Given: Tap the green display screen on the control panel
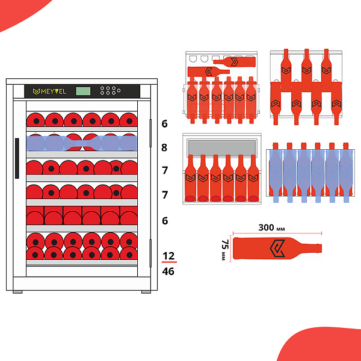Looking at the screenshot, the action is pyautogui.click(x=83, y=91).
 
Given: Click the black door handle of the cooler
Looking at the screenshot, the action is pyautogui.click(x=17, y=158).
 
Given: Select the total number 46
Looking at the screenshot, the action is pyautogui.click(x=168, y=271).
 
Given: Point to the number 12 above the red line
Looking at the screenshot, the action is pyautogui.click(x=168, y=256).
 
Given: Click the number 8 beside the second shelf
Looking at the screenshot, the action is pyautogui.click(x=164, y=147).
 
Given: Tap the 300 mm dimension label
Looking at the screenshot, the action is pyautogui.click(x=271, y=227).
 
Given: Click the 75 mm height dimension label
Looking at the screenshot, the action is pyautogui.click(x=224, y=250).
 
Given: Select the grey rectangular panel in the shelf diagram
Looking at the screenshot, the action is pyautogui.click(x=221, y=148).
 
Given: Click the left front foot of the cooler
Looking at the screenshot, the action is pyautogui.click(x=17, y=292).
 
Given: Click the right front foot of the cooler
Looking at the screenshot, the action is pyautogui.click(x=146, y=292).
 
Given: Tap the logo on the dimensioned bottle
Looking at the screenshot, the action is pyautogui.click(x=277, y=248).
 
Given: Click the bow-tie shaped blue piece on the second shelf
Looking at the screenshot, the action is pyautogui.click(x=82, y=143).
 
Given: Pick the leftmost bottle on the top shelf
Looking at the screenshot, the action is pyautogui.click(x=35, y=120).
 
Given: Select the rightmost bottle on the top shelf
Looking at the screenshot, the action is pyautogui.click(x=129, y=120).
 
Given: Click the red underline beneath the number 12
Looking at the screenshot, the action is pyautogui.click(x=169, y=262).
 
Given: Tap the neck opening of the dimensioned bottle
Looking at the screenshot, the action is pyautogui.click(x=321, y=248).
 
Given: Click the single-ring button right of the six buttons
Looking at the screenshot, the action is pyautogui.click(x=119, y=90).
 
